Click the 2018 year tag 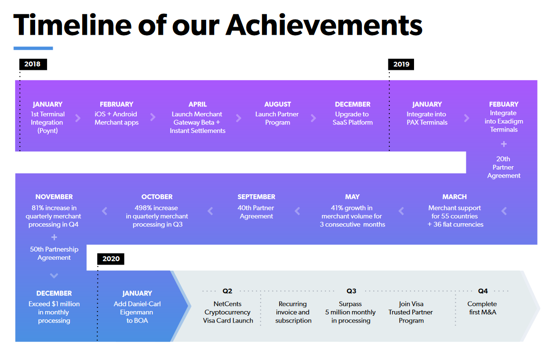click(x=33, y=64)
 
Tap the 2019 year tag click(x=401, y=64)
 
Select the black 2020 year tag click(x=111, y=259)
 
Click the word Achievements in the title click(x=324, y=25)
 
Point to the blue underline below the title click(x=33, y=48)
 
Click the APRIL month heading click(x=198, y=104)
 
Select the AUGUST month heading click(x=278, y=104)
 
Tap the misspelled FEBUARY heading click(x=503, y=104)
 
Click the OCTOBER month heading click(x=157, y=197)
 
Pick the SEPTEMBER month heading click(x=256, y=197)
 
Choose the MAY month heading click(x=352, y=197)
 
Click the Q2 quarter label click(x=227, y=291)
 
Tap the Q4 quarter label click(x=482, y=291)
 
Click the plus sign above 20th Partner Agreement click(x=503, y=144)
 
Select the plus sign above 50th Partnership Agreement click(x=54, y=237)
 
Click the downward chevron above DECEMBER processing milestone click(x=54, y=275)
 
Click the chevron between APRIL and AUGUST click(x=239, y=118)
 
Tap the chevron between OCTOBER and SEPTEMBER click(x=210, y=211)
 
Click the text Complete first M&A click(x=482, y=308)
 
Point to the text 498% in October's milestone click(x=142, y=208)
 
